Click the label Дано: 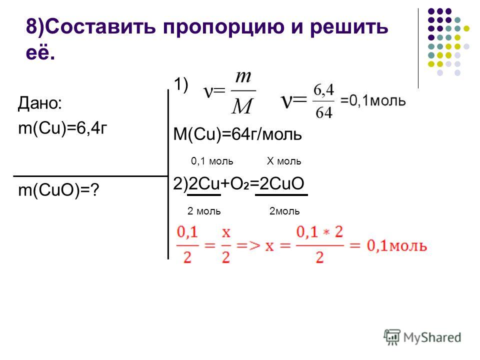coord(40,103)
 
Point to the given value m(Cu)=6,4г coord(63,128)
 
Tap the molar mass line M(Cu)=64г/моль coord(237,134)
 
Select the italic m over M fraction coord(243,92)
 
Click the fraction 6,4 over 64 coord(323,101)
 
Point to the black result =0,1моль coord(373,100)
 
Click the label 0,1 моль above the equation coord(212,161)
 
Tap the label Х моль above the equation coord(284,161)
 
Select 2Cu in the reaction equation coord(204,183)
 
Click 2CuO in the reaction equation coord(281,183)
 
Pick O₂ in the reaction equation coord(239,184)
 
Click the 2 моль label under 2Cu coord(204,211)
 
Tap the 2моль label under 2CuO coord(284,211)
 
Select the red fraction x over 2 coord(226,245)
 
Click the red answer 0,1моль coord(396,245)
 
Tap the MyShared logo coord(422,337)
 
